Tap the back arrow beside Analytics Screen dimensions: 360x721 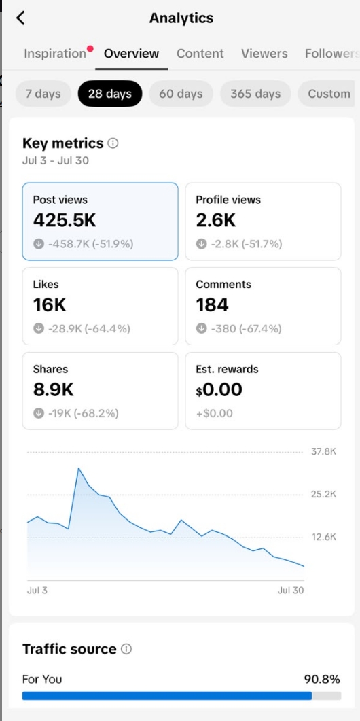(20, 18)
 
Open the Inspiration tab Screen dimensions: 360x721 (55, 54)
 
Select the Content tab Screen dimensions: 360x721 (200, 54)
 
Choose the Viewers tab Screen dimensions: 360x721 (264, 54)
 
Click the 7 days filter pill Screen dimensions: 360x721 (43, 94)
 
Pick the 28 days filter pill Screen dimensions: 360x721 (110, 94)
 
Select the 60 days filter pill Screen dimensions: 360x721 (181, 94)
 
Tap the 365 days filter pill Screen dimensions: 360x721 (255, 94)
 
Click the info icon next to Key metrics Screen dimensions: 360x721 (113, 143)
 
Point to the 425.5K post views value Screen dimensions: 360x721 (65, 220)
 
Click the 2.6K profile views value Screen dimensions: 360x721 (215, 220)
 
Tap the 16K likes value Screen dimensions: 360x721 (50, 304)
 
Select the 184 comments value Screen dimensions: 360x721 (212, 304)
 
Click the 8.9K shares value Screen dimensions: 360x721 (54, 389)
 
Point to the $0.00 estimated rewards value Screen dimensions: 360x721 (219, 389)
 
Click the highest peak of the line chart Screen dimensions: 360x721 (79, 468)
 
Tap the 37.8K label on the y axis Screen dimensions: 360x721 (324, 451)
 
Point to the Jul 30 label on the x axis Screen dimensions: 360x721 (291, 591)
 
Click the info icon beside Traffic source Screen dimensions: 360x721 (126, 649)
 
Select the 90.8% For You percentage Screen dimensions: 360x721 (322, 679)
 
